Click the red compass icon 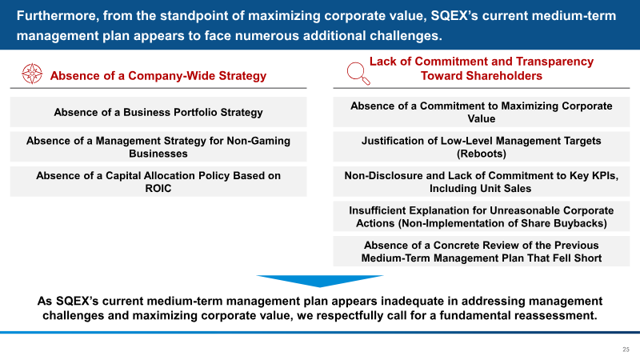32,74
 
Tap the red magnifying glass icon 358,74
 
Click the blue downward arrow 319,281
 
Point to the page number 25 626,350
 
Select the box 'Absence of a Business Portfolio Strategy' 158,112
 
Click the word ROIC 158,189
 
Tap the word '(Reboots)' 482,154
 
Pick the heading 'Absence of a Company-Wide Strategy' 158,76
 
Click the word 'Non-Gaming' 258,141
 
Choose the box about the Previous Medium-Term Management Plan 482,251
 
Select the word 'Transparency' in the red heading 554,62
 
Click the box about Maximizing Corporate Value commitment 482,112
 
